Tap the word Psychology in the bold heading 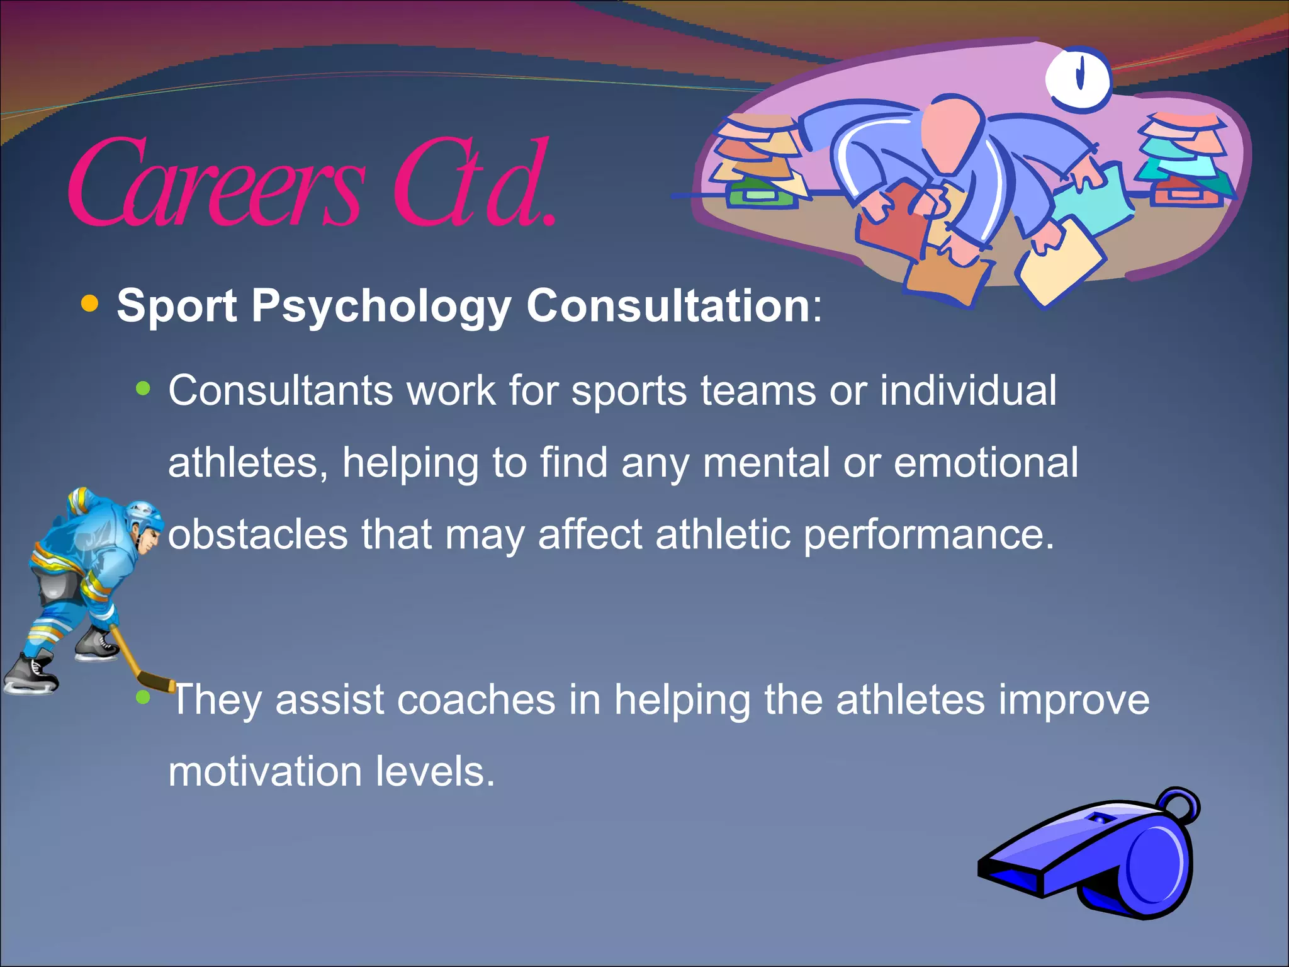[381, 306]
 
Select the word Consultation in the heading [668, 306]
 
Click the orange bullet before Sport [90, 304]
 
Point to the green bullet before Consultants [144, 388]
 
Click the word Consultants [280, 391]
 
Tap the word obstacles [258, 534]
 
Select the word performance [928, 534]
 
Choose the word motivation [265, 772]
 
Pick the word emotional [986, 463]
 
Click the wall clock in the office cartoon [1078, 78]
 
